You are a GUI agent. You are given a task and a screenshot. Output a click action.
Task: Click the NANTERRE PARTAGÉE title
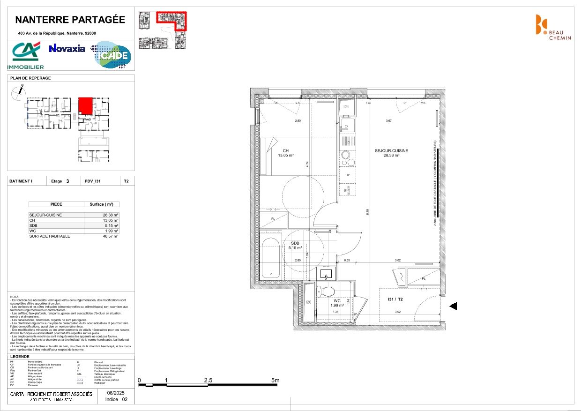(70, 20)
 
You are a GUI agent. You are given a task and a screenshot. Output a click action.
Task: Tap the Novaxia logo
(67, 48)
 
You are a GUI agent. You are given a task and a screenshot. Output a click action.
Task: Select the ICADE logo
(111, 55)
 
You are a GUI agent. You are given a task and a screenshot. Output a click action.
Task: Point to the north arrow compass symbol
(18, 92)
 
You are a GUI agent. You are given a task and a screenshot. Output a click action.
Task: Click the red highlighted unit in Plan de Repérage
(85, 105)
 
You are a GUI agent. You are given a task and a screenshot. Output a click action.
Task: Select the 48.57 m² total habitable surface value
(111, 236)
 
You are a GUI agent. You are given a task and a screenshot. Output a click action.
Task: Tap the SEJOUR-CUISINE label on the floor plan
(391, 150)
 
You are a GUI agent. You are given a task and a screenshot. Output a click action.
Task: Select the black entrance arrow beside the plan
(453, 306)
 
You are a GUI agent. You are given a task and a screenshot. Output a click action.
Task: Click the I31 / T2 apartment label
(396, 299)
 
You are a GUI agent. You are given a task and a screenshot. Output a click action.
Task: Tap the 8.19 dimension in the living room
(368, 212)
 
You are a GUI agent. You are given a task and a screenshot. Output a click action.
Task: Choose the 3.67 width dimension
(388, 121)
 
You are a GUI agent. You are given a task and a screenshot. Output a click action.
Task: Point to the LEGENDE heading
(20, 356)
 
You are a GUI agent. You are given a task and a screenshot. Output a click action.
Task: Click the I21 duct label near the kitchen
(346, 107)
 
